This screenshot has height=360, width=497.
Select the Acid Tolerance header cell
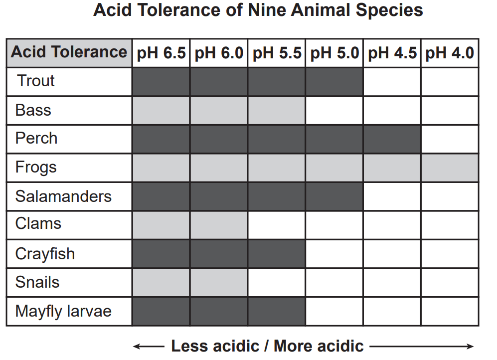(69, 52)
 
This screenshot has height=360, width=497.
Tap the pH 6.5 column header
(161, 53)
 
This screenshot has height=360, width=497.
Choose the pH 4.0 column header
(450, 53)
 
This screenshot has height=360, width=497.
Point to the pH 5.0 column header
(334, 53)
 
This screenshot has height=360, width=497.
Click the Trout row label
(36, 81)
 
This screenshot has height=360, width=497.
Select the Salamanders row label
(63, 196)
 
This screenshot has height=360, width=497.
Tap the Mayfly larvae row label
(63, 311)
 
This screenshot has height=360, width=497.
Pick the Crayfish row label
(45, 254)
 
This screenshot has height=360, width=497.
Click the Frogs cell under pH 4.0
(450, 168)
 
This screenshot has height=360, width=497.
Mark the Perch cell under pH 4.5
(392, 139)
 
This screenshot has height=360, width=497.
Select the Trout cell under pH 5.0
(334, 81)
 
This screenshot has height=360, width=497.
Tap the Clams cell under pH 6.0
(218, 225)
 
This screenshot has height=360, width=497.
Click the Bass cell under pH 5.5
(276, 110)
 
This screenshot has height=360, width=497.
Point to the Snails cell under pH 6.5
(161, 282)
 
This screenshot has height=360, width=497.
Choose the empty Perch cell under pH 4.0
(450, 139)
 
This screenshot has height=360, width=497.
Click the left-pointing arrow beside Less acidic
(148, 346)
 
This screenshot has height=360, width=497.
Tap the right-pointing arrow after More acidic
(422, 346)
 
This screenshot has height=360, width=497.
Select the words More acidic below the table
(319, 346)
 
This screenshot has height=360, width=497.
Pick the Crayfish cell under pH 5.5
(276, 254)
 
